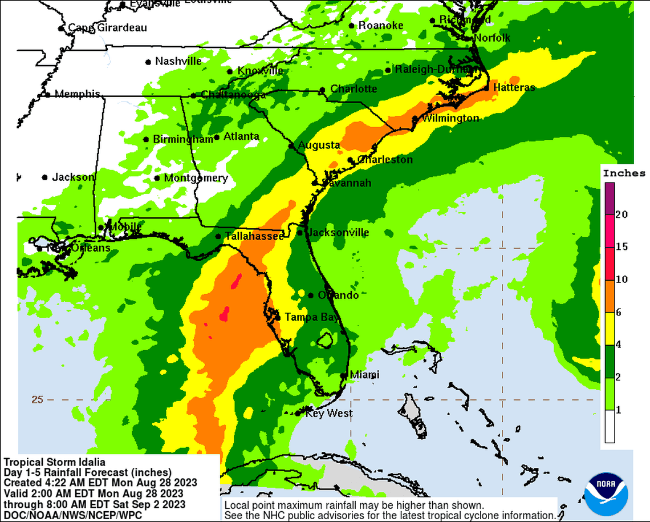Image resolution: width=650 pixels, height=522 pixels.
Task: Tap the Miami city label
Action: pyautogui.click(x=365, y=375)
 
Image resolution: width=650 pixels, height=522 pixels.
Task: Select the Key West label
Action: pyautogui.click(x=329, y=413)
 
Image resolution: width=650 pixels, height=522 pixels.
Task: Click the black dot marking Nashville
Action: pyautogui.click(x=148, y=62)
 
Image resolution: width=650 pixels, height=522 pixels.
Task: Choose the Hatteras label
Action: pyautogui.click(x=514, y=87)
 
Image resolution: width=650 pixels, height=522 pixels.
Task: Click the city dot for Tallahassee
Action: pyautogui.click(x=218, y=236)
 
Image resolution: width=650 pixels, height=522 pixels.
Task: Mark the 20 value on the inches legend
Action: pyautogui.click(x=621, y=215)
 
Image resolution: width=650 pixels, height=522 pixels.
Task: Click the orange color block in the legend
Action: pyautogui.click(x=610, y=296)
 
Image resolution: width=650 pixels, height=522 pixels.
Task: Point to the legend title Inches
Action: pyautogui.click(x=624, y=173)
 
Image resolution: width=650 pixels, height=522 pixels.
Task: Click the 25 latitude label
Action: pyautogui.click(x=37, y=399)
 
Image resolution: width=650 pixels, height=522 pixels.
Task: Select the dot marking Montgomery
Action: pyautogui.click(x=157, y=178)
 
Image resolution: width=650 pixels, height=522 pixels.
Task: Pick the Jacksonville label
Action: pyautogui.click(x=338, y=233)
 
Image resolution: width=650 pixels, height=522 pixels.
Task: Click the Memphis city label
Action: pyautogui.click(x=77, y=94)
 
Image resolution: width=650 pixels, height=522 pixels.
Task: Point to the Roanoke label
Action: pyautogui.click(x=381, y=26)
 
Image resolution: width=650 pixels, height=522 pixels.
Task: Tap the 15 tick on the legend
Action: pyautogui.click(x=621, y=247)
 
